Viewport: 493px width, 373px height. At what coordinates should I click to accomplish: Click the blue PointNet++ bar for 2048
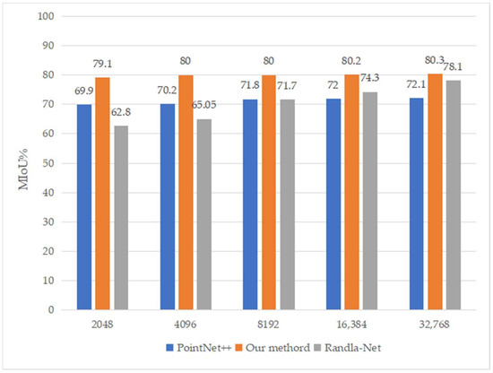(x=84, y=207)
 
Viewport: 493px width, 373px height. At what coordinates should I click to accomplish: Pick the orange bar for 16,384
(x=375, y=192)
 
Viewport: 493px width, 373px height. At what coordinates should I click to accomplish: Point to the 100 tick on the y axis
(x=47, y=16)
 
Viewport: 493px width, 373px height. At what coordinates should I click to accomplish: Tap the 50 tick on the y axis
(x=49, y=163)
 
